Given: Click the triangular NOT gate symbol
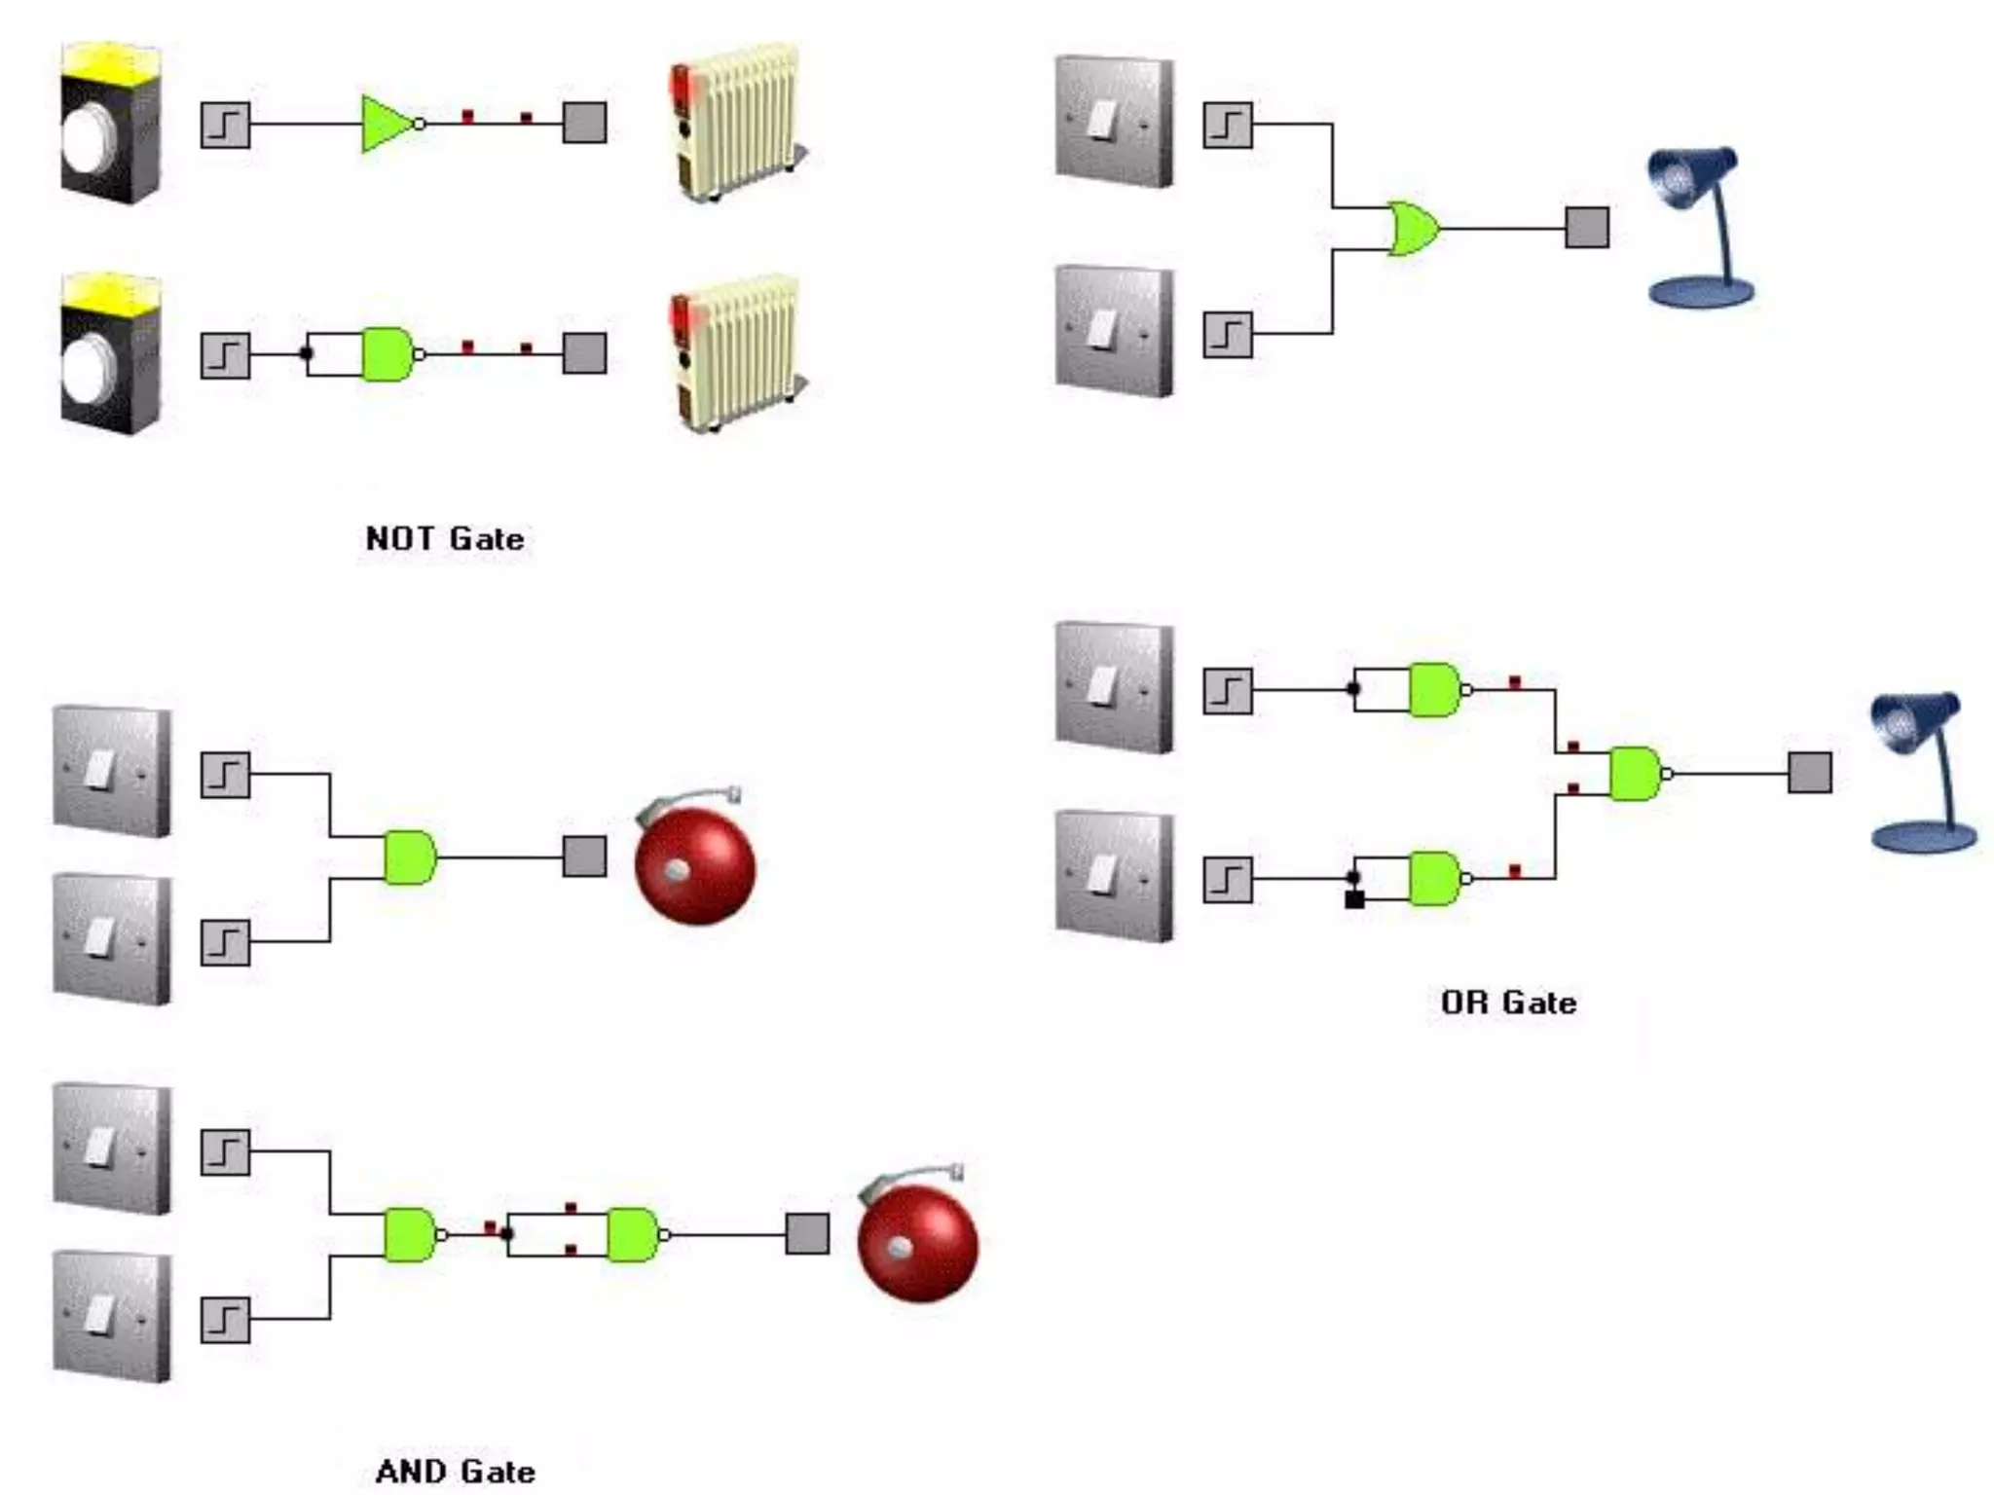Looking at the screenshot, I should click(388, 124).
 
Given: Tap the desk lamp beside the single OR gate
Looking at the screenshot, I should click(1699, 229).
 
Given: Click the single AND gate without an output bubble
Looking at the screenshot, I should click(409, 857).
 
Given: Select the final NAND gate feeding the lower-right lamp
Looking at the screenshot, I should click(1636, 774).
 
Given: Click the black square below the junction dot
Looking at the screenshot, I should click(1353, 900).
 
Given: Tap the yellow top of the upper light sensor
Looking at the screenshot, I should click(110, 60).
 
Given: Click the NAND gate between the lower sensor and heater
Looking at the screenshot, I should click(388, 354).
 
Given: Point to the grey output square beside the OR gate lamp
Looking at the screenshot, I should click(1586, 228).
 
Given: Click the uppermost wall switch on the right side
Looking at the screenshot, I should click(1114, 122).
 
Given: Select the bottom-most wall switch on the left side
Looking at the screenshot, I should click(111, 1316).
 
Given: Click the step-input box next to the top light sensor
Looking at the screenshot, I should click(225, 125).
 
